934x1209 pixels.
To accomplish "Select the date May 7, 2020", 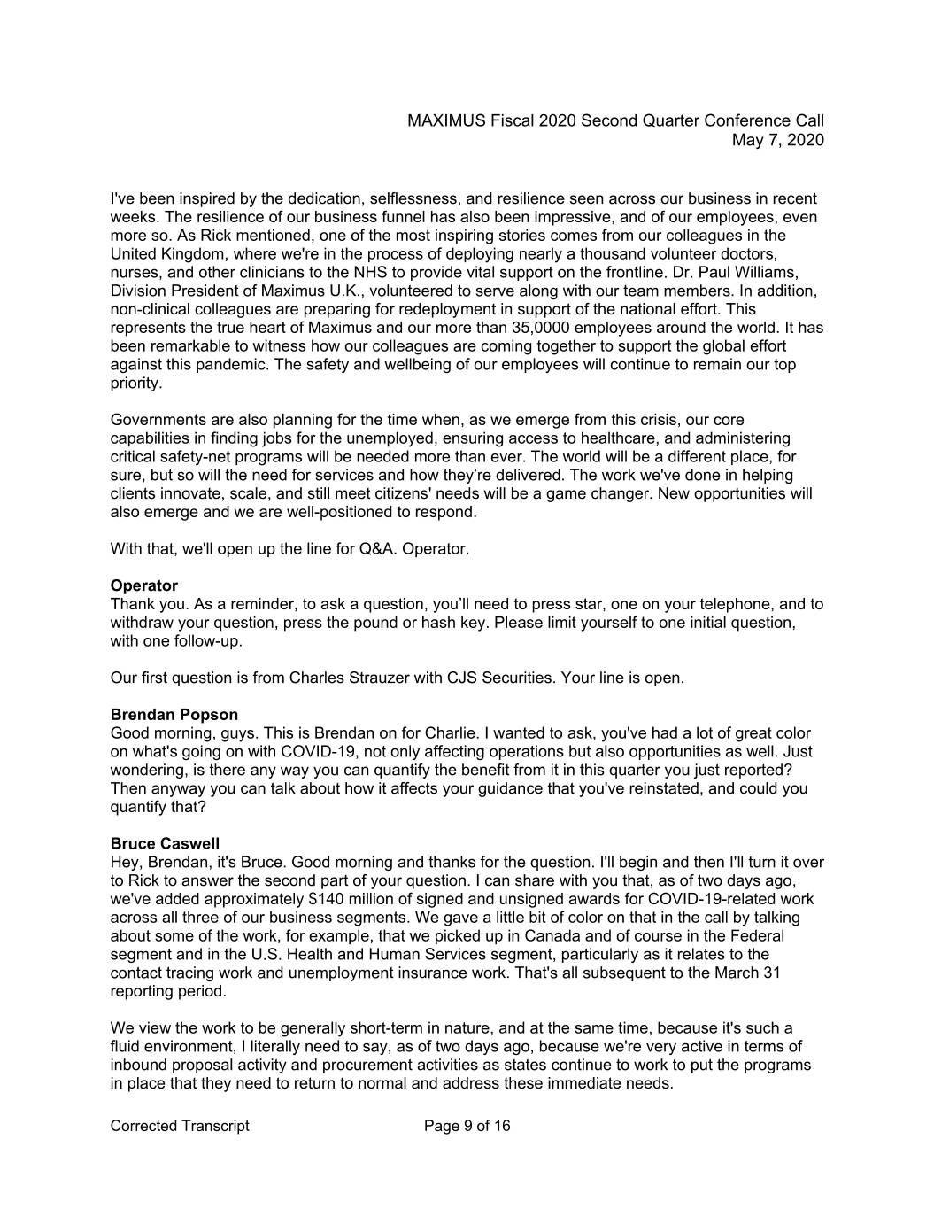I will click(778, 140).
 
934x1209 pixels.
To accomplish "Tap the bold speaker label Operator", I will click(143, 585).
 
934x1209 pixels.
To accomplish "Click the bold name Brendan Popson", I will click(174, 715).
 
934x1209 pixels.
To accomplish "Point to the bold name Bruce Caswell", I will click(165, 843).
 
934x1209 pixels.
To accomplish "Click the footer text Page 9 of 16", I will click(467, 1126).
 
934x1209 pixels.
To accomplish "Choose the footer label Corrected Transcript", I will click(180, 1126).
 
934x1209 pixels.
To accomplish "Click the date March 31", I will click(751, 973).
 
